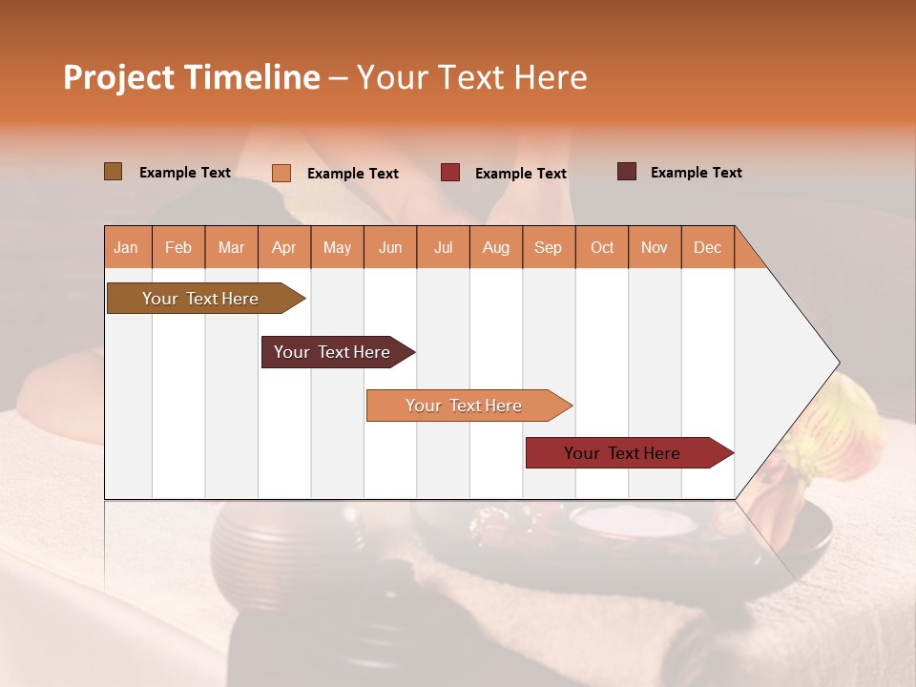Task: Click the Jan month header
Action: [x=126, y=247]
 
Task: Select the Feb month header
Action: [x=178, y=247]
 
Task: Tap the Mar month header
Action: [x=231, y=247]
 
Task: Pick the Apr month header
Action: [x=284, y=247]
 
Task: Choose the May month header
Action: [x=337, y=247]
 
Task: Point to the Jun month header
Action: [x=390, y=247]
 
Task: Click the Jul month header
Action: [x=443, y=247]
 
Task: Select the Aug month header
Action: [x=496, y=247]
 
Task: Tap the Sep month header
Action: [x=549, y=247]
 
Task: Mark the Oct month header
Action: [x=602, y=247]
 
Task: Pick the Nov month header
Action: [x=655, y=247]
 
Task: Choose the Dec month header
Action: [x=707, y=247]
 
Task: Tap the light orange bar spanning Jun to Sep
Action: [x=465, y=406]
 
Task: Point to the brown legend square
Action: [x=114, y=172]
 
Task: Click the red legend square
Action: [x=450, y=173]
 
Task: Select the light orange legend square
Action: [x=281, y=173]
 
